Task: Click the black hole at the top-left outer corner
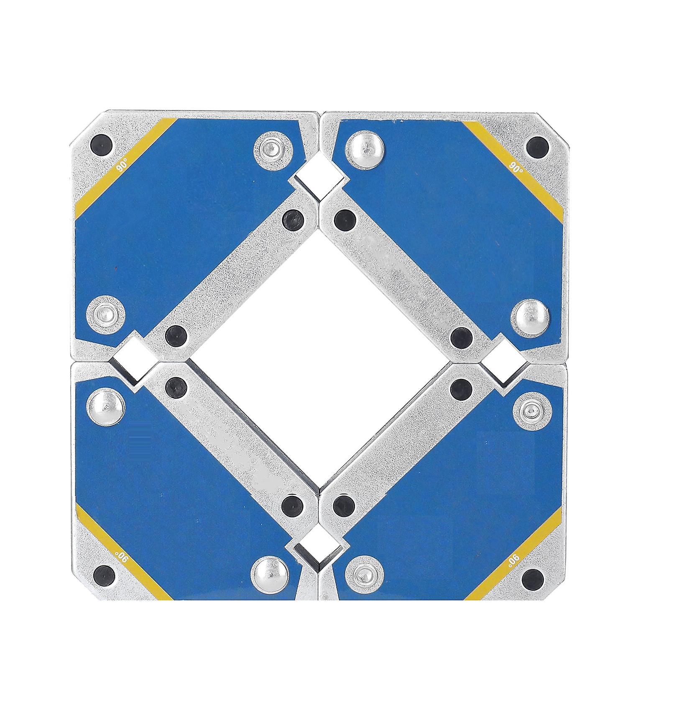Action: (x=101, y=146)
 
